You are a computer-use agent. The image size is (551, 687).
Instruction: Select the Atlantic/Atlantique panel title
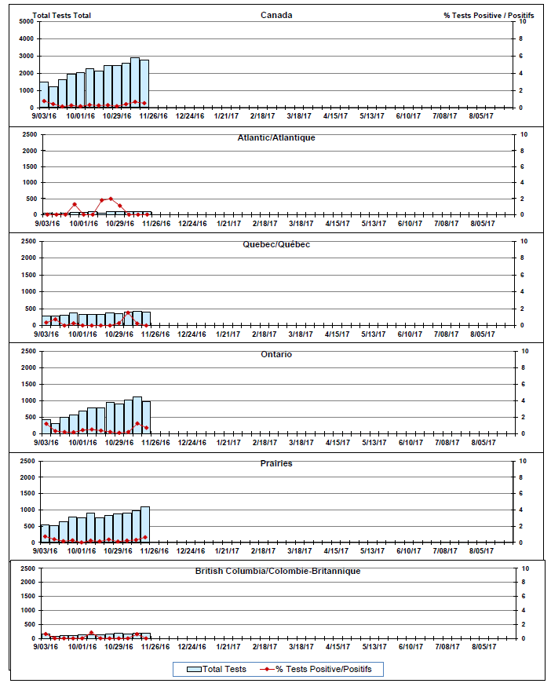(x=276, y=138)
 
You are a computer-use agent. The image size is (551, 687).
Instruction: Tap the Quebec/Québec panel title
(x=276, y=244)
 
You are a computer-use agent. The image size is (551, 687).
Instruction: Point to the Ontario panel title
(x=276, y=354)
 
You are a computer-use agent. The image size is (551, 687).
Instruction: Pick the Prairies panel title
(x=276, y=463)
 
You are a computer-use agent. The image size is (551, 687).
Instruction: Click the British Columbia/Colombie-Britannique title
(x=278, y=571)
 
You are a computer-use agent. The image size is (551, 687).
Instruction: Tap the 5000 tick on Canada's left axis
(x=24, y=21)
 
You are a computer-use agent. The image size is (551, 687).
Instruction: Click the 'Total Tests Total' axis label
(x=62, y=15)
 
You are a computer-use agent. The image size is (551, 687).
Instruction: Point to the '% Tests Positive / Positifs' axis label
(x=488, y=15)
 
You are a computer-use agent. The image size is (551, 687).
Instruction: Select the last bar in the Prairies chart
(x=144, y=524)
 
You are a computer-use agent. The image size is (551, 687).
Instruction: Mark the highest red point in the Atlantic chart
(x=111, y=199)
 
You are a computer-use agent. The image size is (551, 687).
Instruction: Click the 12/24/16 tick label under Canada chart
(x=190, y=116)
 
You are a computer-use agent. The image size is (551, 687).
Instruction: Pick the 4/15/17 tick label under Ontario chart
(x=336, y=442)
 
